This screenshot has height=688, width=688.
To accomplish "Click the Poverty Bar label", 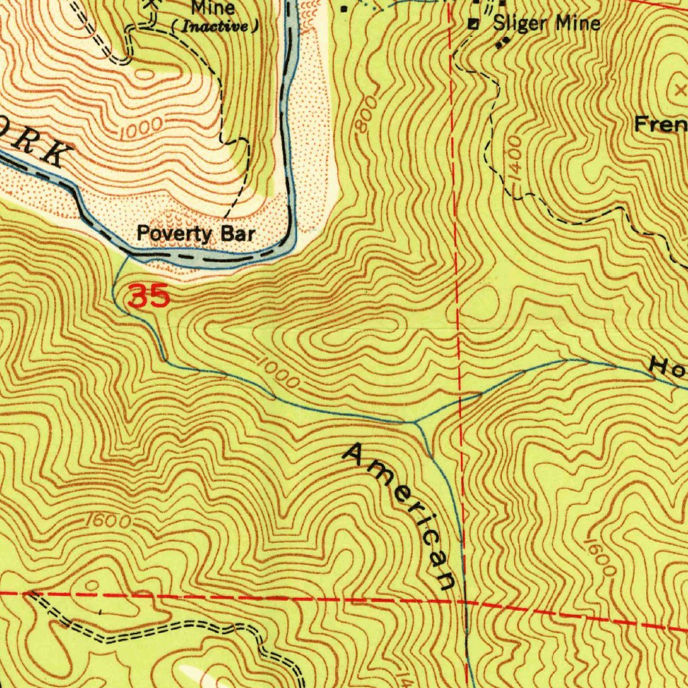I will (196, 234).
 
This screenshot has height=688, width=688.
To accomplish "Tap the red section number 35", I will (148, 296).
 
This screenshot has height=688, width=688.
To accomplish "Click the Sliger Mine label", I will (546, 24).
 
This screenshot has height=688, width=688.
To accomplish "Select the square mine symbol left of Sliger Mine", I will (474, 25).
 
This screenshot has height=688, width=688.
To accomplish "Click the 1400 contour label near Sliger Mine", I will (515, 159).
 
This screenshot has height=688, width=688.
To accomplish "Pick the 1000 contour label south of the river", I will (278, 374).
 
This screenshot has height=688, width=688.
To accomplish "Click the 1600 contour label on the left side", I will (107, 521).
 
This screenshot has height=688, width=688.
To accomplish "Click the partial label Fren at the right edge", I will (661, 124).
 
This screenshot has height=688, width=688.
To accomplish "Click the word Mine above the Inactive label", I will (214, 8).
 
